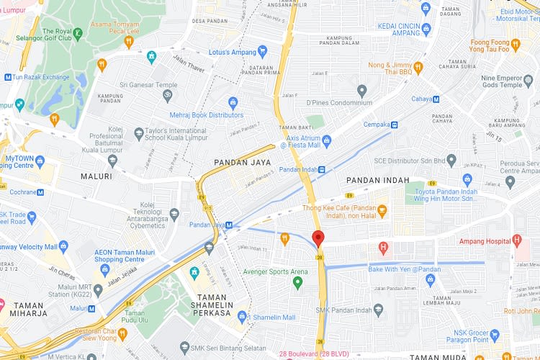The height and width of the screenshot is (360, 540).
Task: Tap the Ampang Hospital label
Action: pyautogui.click(x=482, y=240)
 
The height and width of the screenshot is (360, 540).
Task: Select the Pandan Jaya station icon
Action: pyautogui.click(x=229, y=225)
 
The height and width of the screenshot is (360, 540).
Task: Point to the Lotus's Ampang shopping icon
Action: pyautogui.click(x=263, y=52)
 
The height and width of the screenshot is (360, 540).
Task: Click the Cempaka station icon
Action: pyautogui.click(x=395, y=124)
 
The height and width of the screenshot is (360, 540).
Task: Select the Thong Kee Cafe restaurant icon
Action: pyautogui.click(x=382, y=212)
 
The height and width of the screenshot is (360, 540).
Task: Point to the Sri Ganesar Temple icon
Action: pyautogui.click(x=168, y=94)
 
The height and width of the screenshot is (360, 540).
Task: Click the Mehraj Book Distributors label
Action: pyautogui.click(x=207, y=115)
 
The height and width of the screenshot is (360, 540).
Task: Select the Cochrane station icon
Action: pyautogui.click(x=40, y=192)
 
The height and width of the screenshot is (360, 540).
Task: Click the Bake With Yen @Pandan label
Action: pyautogui.click(x=404, y=269)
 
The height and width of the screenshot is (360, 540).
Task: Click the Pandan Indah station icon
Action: pyautogui.click(x=322, y=170)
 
